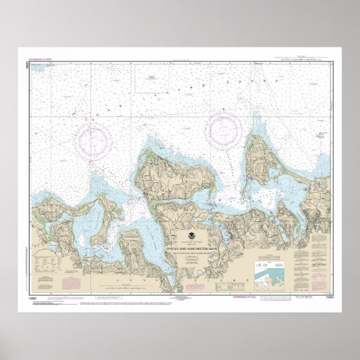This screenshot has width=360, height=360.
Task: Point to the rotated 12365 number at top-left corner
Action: (x=28, y=65)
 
